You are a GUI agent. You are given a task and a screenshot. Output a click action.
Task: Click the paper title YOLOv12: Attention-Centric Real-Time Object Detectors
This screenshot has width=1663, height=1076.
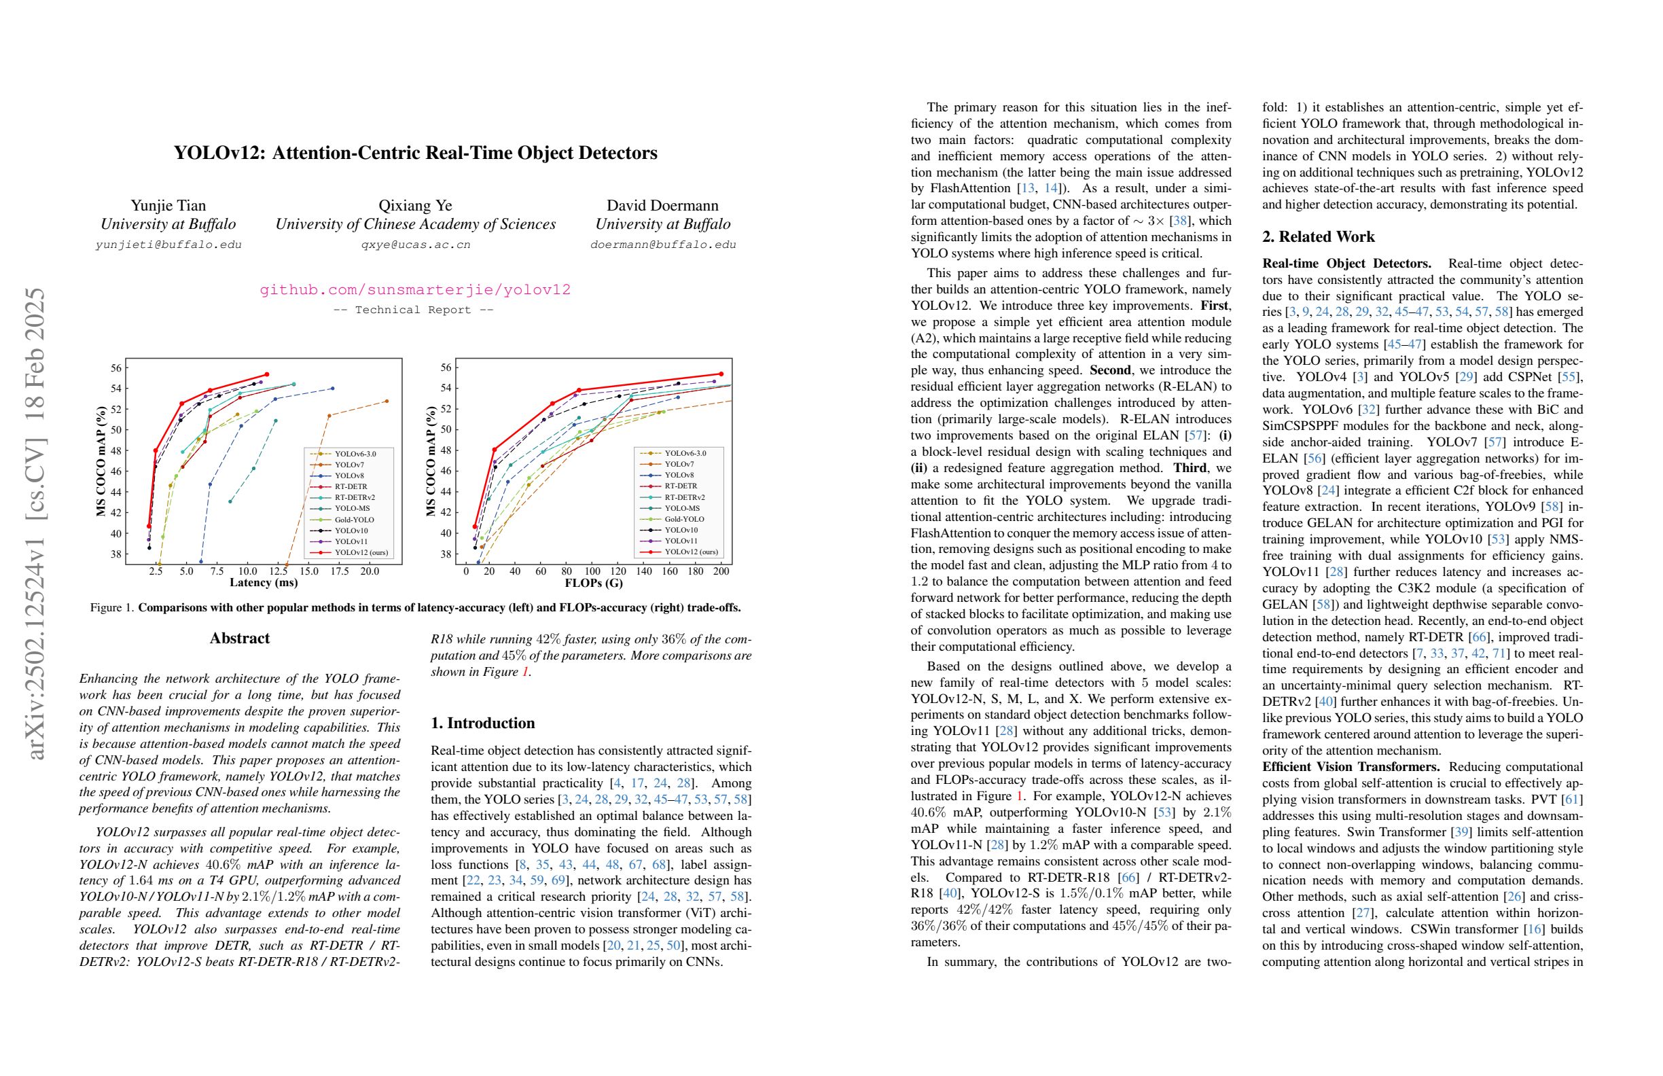coord(415,153)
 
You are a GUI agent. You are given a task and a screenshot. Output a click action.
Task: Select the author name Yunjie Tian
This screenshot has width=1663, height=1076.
coord(168,205)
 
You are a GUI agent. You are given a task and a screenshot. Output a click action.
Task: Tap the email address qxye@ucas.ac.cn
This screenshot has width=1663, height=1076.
coord(415,245)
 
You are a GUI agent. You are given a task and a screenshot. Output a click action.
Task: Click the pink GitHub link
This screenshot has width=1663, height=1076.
coord(415,289)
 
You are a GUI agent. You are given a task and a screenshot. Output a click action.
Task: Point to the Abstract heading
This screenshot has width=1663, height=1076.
coord(240,638)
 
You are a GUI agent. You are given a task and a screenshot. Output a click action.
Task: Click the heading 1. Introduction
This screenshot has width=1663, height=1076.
coord(483,723)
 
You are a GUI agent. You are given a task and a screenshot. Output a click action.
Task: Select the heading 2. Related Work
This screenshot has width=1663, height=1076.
coord(1318,237)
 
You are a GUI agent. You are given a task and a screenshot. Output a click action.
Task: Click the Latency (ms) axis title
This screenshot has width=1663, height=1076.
coord(264,582)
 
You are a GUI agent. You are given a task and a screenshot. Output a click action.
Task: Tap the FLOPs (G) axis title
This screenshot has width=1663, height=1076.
coord(593,582)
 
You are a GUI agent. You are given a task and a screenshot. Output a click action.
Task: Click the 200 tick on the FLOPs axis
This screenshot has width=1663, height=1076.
coord(721,571)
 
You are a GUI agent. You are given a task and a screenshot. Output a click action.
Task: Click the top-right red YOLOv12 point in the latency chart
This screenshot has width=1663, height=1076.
coord(266,374)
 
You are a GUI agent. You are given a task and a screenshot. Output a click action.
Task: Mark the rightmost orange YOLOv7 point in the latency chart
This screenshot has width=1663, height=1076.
coord(387,401)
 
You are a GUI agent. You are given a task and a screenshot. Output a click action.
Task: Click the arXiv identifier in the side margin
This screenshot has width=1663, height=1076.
coord(35,523)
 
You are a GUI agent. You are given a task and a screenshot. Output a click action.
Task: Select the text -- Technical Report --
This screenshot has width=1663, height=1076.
coord(414,310)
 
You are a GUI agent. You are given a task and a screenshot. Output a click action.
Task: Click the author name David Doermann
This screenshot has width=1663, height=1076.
coord(662,205)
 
